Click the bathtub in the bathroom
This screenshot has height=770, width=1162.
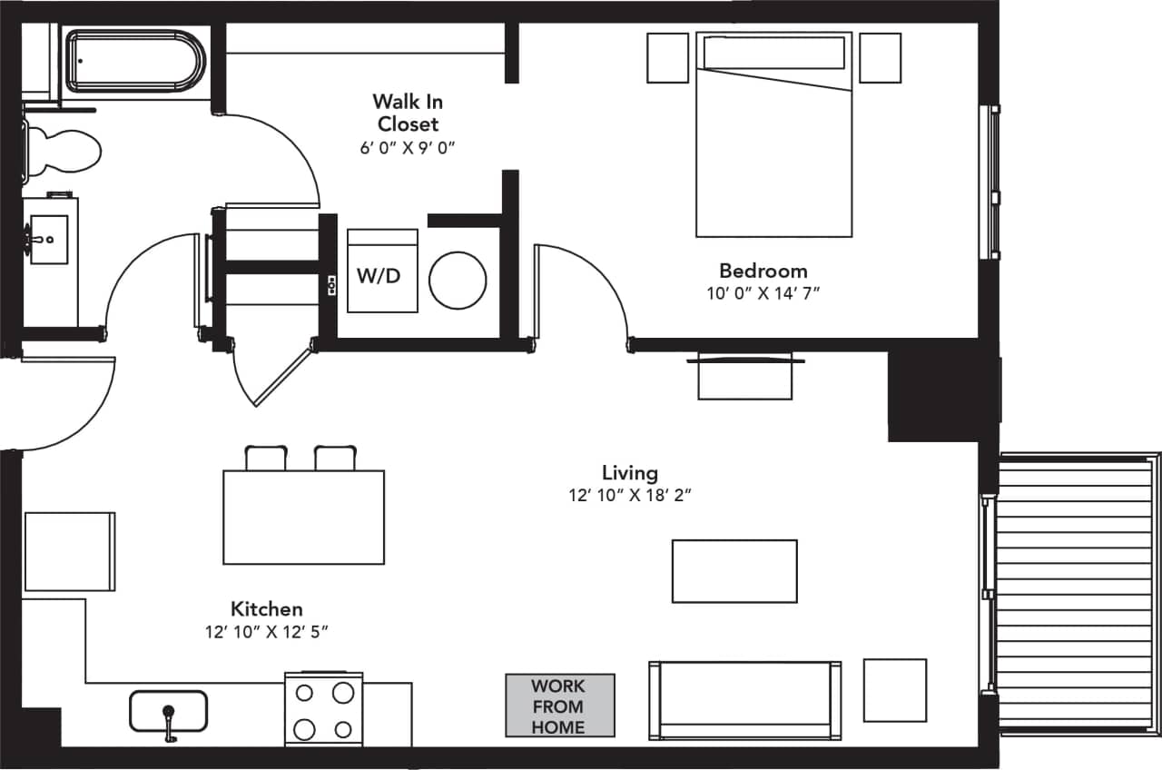click(136, 62)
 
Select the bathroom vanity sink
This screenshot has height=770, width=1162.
click(49, 240)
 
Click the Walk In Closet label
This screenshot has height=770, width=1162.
click(408, 113)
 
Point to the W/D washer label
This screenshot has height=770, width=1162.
click(379, 276)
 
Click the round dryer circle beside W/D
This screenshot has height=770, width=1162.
click(458, 280)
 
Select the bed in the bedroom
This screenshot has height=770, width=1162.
click(773, 136)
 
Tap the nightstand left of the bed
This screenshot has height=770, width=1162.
click(668, 58)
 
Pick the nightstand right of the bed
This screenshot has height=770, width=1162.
click(880, 58)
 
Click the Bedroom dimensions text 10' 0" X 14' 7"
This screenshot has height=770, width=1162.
click(763, 292)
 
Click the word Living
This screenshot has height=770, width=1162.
click(629, 472)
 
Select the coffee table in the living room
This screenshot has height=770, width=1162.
click(734, 571)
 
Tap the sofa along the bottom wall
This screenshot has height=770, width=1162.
click(744, 700)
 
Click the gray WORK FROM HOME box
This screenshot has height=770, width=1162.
click(559, 706)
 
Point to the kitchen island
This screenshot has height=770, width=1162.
click(303, 517)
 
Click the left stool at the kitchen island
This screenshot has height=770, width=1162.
click(266, 458)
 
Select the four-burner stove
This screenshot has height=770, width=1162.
click(323, 709)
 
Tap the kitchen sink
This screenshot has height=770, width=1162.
click(168, 712)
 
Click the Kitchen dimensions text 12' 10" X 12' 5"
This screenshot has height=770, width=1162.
click(265, 632)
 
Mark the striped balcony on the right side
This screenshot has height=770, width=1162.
click(1075, 595)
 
